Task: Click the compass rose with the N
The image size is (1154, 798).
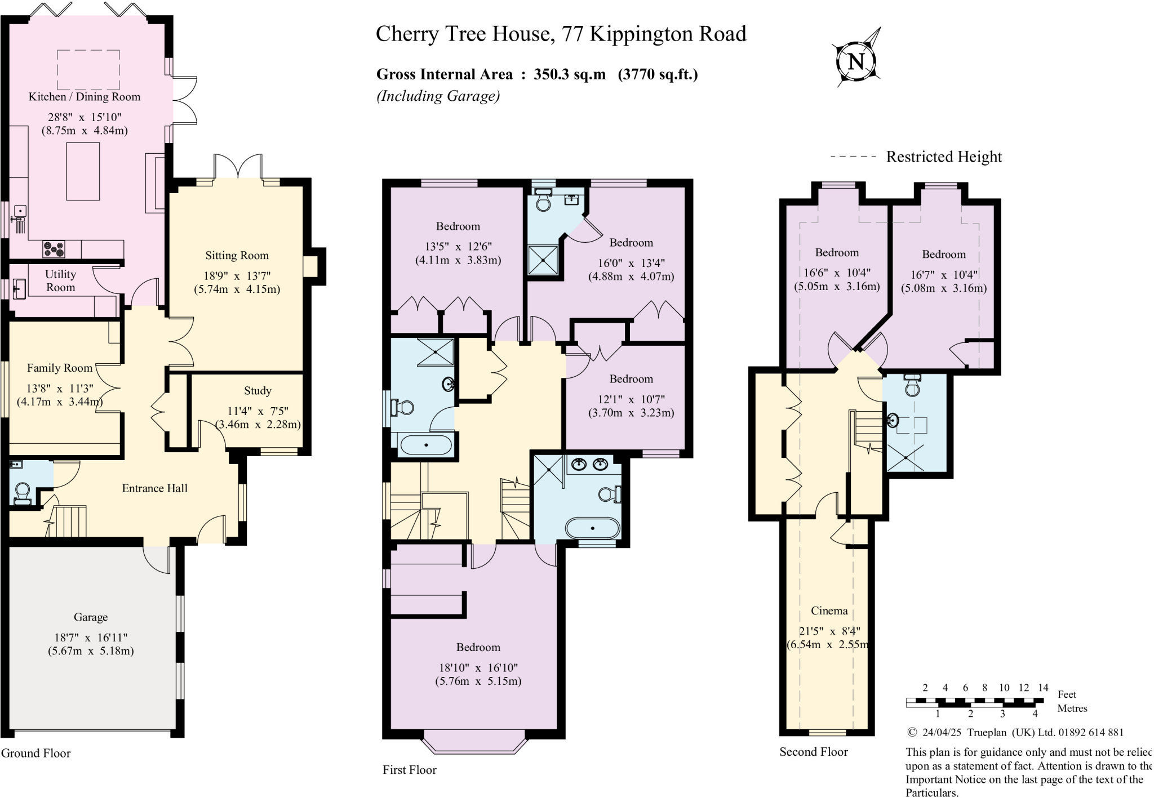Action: [x=856, y=60]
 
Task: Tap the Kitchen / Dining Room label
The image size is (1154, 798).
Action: [x=85, y=97]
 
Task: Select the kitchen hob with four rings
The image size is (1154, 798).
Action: [x=54, y=249]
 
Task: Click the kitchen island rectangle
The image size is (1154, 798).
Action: [x=83, y=171]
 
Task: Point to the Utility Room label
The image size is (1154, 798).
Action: [x=60, y=280]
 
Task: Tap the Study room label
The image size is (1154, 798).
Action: [x=258, y=391]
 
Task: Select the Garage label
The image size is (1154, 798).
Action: [x=90, y=617]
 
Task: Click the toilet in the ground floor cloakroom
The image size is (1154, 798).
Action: [x=23, y=492]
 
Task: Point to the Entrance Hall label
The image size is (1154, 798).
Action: [x=154, y=488]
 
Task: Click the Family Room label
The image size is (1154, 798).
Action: [x=59, y=368]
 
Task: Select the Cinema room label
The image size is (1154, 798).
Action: [x=829, y=610]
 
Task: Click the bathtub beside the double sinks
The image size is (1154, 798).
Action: [x=592, y=529]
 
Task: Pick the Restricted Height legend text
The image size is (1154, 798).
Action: [x=944, y=157]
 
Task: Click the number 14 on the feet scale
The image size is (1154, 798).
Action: [x=1043, y=688]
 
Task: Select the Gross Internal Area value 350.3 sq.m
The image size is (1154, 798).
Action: [x=569, y=74]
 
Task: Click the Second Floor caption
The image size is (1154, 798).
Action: [x=813, y=752]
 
